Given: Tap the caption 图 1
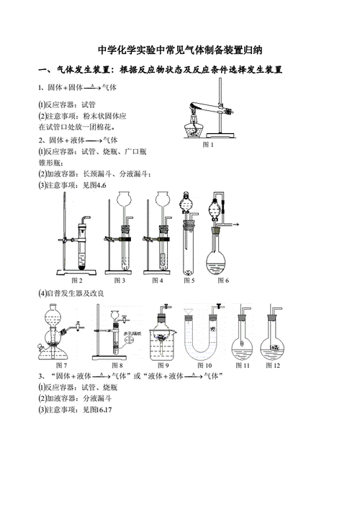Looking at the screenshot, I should click(208, 145).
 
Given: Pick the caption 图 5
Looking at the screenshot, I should click(189, 280).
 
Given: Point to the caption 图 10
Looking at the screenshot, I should click(213, 365).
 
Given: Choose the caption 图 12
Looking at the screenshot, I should click(272, 365).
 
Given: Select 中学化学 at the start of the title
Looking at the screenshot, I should click(116, 50).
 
